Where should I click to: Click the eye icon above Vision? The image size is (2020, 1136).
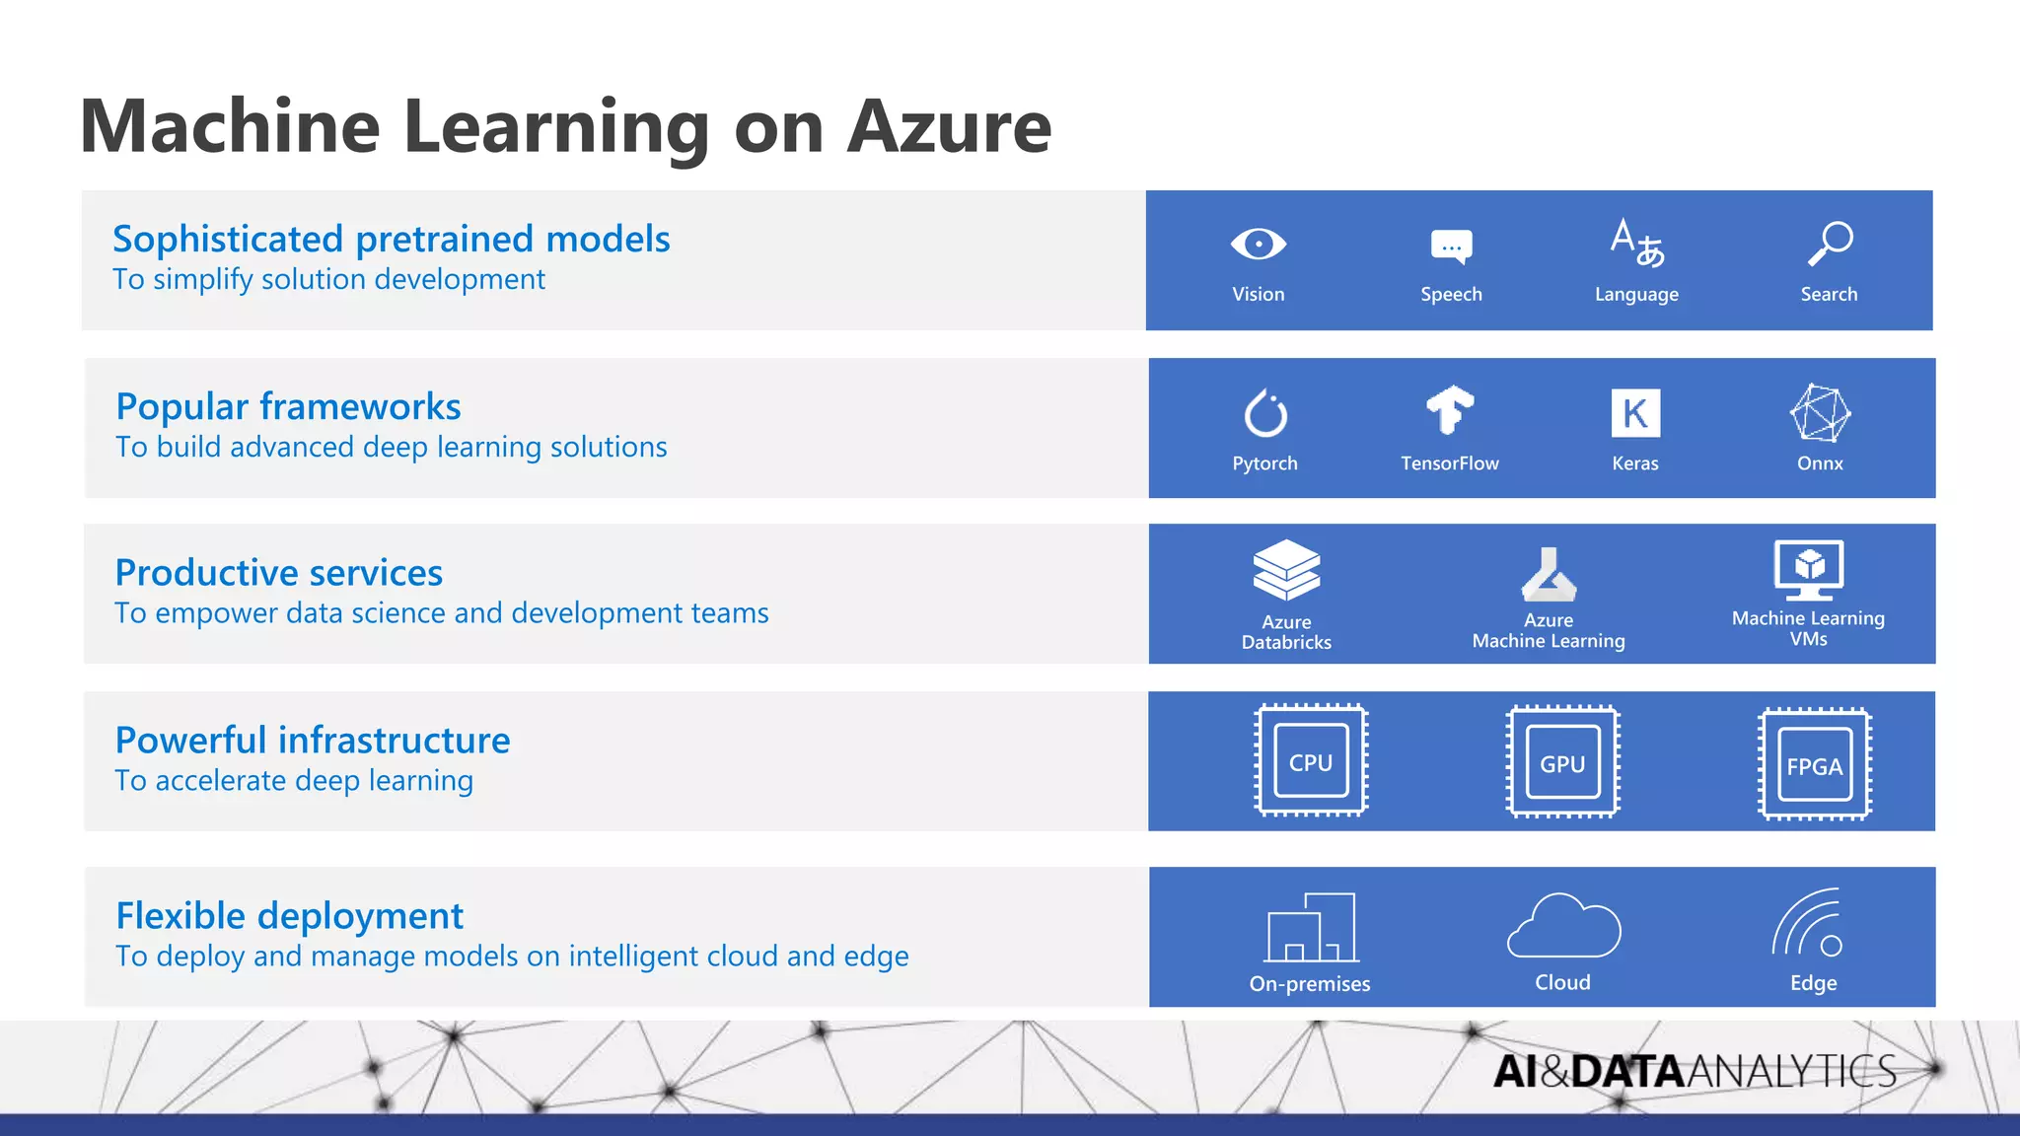[1258, 244]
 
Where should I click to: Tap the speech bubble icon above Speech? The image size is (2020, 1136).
[1451, 247]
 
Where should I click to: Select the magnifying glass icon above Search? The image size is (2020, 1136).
[1831, 244]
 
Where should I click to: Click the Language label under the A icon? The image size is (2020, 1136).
[1636, 294]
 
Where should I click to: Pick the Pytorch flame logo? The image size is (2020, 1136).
[1265, 413]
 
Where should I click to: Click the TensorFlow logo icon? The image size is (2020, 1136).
[1450, 410]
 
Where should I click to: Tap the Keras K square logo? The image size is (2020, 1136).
[1635, 413]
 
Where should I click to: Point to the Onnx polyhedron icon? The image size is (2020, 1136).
[1820, 413]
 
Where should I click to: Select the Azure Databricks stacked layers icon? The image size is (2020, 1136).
[1286, 570]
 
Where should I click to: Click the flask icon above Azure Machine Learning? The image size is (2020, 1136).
[1549, 575]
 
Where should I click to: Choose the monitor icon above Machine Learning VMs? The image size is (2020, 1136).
[1809, 570]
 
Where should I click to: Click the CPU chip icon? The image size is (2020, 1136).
[1311, 760]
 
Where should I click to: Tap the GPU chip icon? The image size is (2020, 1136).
[1562, 761]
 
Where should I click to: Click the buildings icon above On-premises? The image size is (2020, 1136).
[1312, 928]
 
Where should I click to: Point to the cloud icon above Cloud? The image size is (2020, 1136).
[1563, 926]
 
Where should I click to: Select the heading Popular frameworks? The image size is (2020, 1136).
[288, 406]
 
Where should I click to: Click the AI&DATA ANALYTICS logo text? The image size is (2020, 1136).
[1694, 1071]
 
